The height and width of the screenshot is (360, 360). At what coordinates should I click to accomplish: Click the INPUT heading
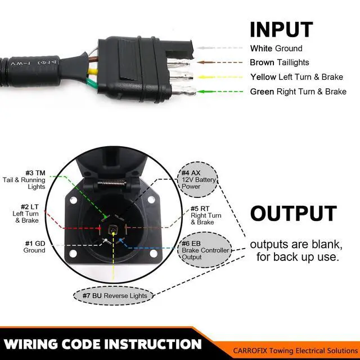pyautogui.click(x=281, y=29)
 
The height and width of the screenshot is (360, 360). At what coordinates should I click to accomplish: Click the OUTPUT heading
pyautogui.click(x=293, y=214)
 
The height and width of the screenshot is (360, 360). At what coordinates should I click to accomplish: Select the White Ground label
pyautogui.click(x=276, y=48)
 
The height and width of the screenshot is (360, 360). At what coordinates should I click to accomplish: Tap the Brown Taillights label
pyautogui.click(x=280, y=62)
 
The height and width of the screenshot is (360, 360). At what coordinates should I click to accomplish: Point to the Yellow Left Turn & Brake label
pyautogui.click(x=297, y=77)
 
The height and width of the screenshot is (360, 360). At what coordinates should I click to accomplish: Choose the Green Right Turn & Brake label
pyautogui.click(x=298, y=92)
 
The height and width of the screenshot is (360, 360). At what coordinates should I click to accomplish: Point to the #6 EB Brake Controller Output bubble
pyautogui.click(x=200, y=251)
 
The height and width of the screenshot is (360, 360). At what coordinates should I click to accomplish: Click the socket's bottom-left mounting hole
pyautogui.click(x=73, y=254)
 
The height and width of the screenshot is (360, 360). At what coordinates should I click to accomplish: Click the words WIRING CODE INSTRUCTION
pyautogui.click(x=102, y=344)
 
